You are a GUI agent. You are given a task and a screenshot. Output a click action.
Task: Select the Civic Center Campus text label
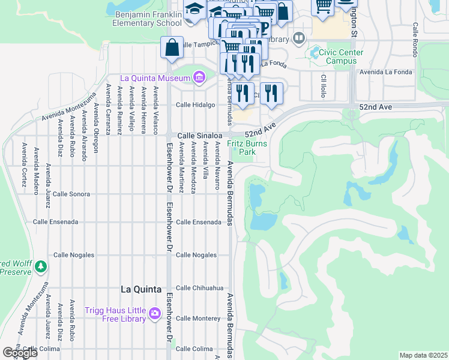[341, 56]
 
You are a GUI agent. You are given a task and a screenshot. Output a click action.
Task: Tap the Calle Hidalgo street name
[195, 104]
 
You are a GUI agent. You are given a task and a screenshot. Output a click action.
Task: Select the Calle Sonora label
[71, 194]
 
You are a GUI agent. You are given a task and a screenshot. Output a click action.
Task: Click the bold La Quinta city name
[141, 289]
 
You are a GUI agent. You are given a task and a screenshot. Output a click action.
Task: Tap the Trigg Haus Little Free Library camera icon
[155, 313]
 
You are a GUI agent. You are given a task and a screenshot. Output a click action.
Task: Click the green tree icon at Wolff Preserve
[41, 266]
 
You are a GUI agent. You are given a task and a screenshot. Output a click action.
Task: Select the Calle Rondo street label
[415, 37]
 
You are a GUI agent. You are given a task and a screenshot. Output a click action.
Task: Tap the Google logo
[20, 353]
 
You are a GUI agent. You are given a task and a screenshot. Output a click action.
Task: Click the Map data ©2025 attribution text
[424, 355]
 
